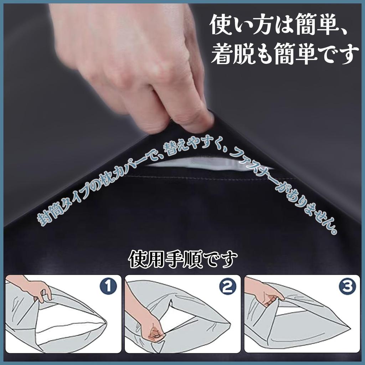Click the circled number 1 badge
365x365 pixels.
[108, 287]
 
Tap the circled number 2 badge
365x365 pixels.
[228, 287]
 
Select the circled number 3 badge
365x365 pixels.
[348, 287]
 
